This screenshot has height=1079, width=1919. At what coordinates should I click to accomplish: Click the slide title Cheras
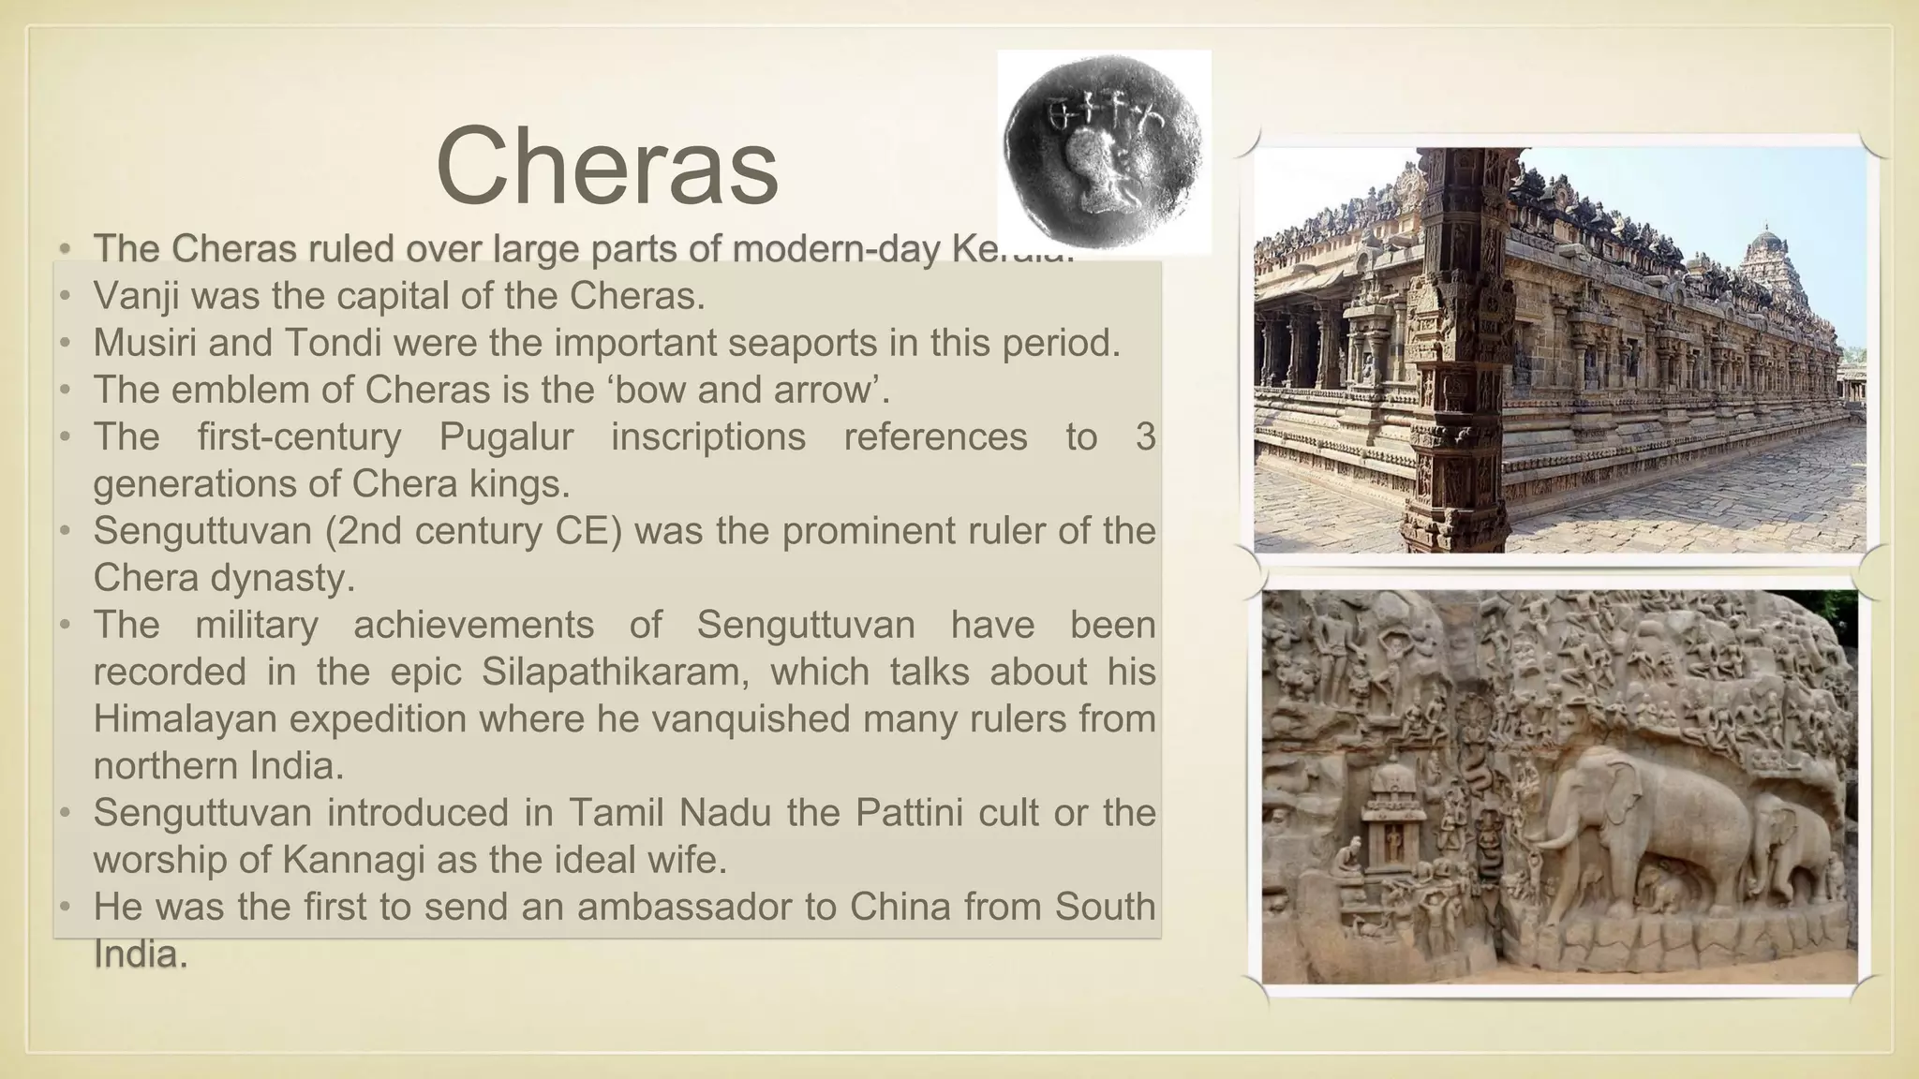pyautogui.click(x=607, y=167)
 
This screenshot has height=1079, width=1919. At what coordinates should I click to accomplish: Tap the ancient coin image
pyautogui.click(x=1104, y=152)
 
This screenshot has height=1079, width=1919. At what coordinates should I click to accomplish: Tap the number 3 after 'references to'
pyautogui.click(x=1145, y=436)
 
